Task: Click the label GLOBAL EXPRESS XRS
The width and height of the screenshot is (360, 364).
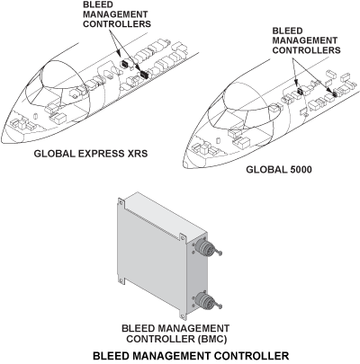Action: click(x=90, y=153)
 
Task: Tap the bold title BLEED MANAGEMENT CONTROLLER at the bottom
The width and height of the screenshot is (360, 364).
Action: click(x=179, y=356)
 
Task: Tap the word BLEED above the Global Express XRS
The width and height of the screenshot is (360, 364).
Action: click(x=97, y=6)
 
